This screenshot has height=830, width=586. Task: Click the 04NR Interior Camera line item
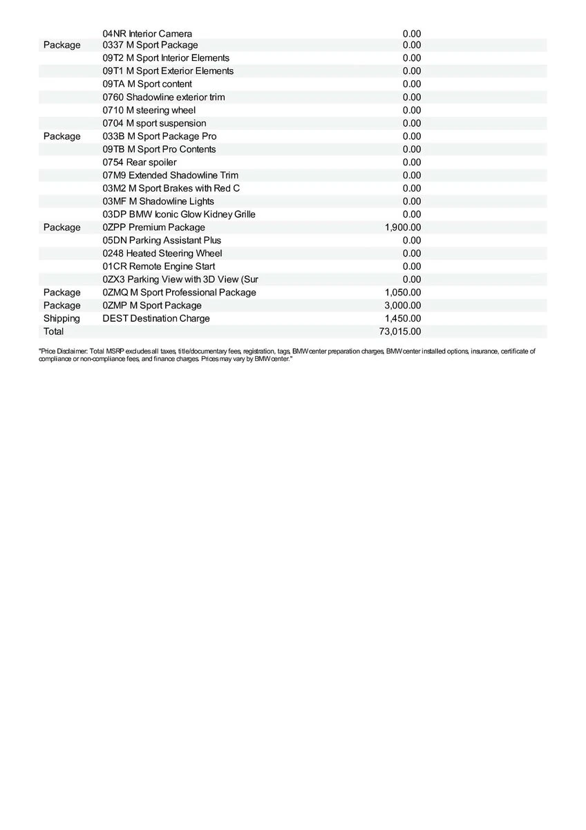[147, 33]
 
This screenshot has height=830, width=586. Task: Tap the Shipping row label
[62, 318]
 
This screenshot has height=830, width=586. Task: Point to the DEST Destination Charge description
[156, 318]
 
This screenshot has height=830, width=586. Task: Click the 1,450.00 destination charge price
[403, 318]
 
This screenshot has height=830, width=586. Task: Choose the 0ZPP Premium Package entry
[153, 227]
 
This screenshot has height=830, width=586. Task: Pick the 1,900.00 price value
[403, 227]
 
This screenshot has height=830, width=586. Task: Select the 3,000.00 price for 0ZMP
[403, 305]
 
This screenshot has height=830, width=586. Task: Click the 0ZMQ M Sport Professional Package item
[179, 292]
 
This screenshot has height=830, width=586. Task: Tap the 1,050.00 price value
[403, 292]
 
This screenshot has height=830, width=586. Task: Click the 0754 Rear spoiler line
[140, 162]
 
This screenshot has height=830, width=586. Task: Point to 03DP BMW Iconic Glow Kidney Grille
[179, 214]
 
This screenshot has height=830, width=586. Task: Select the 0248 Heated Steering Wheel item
[162, 253]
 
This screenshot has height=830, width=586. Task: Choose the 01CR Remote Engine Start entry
[158, 266]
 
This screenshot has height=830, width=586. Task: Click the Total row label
[53, 331]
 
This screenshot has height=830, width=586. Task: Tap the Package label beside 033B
[62, 136]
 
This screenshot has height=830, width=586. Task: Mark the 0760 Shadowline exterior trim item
[164, 97]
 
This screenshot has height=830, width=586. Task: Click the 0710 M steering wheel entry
[149, 110]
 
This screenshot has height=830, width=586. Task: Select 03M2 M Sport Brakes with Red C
[171, 188]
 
